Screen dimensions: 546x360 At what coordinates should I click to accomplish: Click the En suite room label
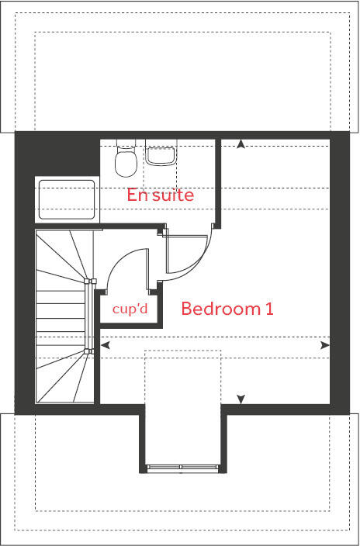[160, 195]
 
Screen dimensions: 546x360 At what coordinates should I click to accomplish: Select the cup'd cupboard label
[130, 309]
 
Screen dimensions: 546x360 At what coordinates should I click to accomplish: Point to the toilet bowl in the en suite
[123, 164]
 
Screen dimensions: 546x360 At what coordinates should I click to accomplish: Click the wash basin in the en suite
[161, 155]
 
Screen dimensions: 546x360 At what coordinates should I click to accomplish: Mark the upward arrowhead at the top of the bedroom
[241, 143]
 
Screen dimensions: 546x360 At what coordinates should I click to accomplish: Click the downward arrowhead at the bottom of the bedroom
[241, 399]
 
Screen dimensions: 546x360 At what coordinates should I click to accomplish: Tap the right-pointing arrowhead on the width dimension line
[325, 344]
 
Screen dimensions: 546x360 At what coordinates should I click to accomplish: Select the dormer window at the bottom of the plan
[182, 468]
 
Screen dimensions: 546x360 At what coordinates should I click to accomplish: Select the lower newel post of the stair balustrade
[91, 351]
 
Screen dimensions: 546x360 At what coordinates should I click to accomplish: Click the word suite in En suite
[172, 195]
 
